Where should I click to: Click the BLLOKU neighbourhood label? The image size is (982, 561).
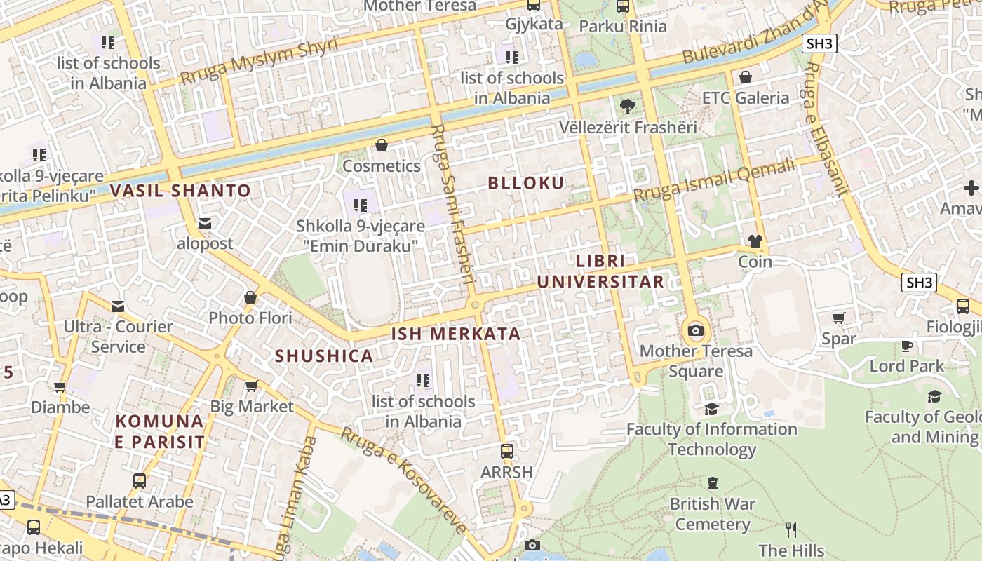click(x=526, y=183)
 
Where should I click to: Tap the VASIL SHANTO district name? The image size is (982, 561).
click(x=180, y=191)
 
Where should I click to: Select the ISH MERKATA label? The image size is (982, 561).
click(x=456, y=334)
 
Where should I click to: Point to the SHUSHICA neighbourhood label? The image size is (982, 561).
click(x=324, y=356)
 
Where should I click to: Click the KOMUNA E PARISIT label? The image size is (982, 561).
click(x=160, y=432)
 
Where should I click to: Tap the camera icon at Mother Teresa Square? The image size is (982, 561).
click(x=696, y=330)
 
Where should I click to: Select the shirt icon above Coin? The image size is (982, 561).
click(x=755, y=241)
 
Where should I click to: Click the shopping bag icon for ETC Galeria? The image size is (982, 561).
click(x=746, y=76)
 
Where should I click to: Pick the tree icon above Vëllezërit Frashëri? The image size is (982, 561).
click(x=628, y=107)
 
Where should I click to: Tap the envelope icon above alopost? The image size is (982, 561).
click(x=205, y=223)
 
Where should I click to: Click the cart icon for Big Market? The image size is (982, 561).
click(x=252, y=386)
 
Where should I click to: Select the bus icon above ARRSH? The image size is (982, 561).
click(x=507, y=451)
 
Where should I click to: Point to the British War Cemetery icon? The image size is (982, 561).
click(x=713, y=483)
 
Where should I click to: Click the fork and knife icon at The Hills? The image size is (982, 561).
click(x=791, y=529)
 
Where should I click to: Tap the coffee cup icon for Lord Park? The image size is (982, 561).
click(x=907, y=345)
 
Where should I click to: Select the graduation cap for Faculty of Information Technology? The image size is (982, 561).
click(x=712, y=409)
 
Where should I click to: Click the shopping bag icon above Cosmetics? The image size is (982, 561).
click(x=382, y=145)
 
